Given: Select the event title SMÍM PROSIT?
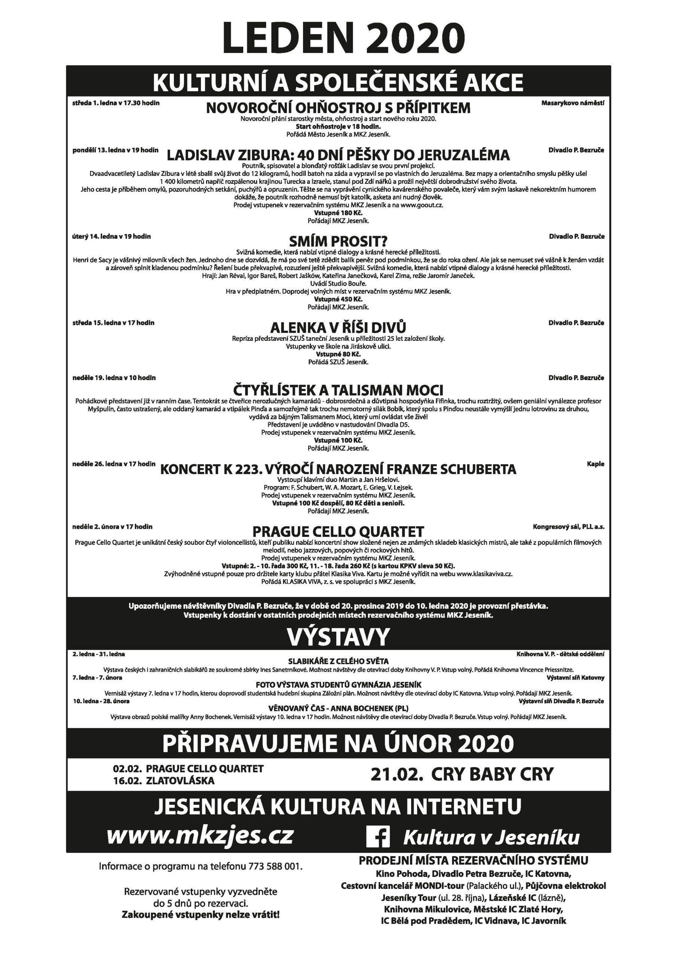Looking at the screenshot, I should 338,241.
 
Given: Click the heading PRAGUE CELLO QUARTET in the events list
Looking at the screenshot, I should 338,531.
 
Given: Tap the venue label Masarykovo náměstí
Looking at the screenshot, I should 572,103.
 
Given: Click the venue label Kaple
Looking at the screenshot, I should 595,464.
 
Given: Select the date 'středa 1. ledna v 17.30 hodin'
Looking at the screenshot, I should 116,103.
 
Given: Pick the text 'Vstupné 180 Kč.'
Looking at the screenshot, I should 338,213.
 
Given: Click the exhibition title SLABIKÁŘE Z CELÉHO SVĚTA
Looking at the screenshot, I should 338,661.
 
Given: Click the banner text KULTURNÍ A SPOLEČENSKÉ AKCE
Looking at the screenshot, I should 338,82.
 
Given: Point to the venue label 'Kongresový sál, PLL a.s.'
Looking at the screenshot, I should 568,527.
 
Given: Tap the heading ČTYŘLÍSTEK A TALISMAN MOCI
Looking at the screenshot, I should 338,390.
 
